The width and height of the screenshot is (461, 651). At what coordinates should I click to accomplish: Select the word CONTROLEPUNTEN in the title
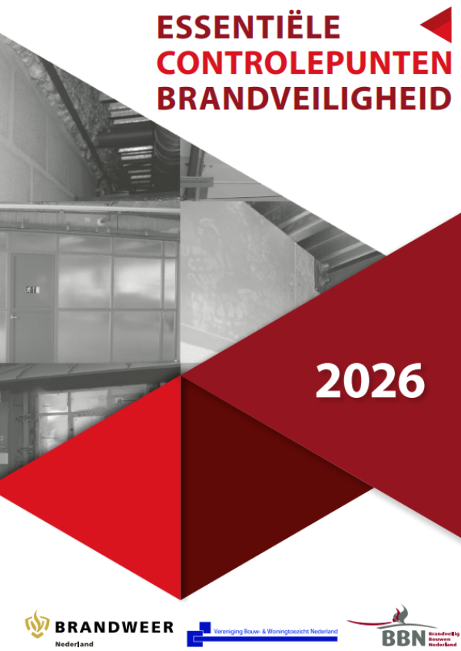(303, 63)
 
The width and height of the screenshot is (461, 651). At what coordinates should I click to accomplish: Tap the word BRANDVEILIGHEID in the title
(303, 98)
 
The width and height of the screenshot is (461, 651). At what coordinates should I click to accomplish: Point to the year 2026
(370, 380)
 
